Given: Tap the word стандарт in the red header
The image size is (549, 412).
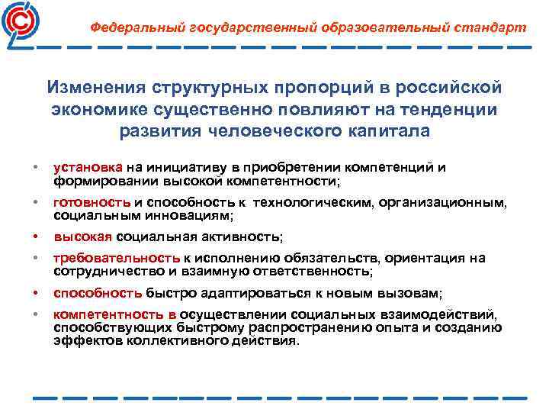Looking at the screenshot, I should click(x=491, y=27).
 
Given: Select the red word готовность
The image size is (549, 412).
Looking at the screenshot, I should click(x=92, y=202).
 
